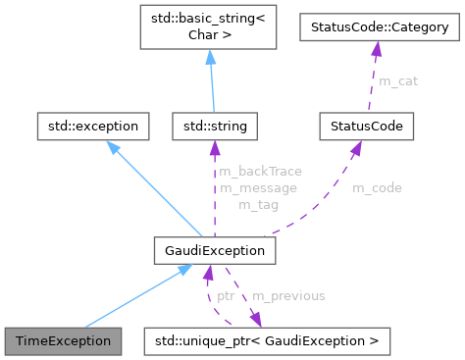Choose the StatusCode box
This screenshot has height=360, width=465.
[x=367, y=126]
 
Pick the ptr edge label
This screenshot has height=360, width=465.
[x=225, y=294]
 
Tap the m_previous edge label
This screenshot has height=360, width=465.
[x=288, y=294]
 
